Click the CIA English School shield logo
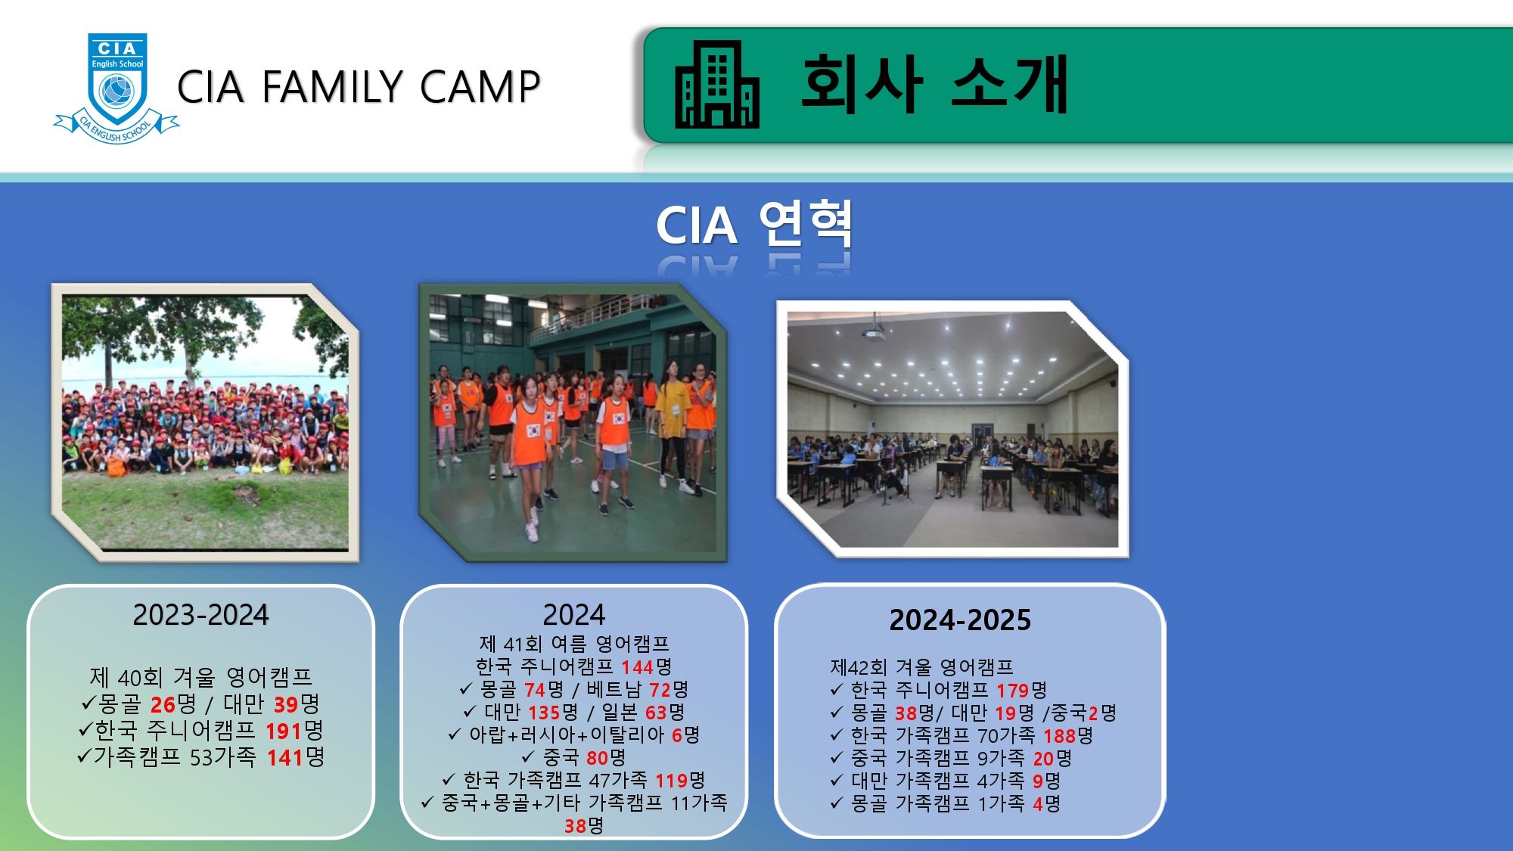click(x=117, y=89)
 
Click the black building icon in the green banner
click(x=716, y=84)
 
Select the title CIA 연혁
click(x=754, y=225)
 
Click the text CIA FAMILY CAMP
click(x=359, y=86)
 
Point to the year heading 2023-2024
click(x=200, y=614)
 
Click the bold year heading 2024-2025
click(x=960, y=620)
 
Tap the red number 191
click(x=284, y=731)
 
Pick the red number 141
click(x=285, y=757)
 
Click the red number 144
click(x=638, y=667)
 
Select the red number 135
click(x=544, y=713)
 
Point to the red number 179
click(x=1012, y=691)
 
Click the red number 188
click(x=1059, y=736)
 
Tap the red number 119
click(x=671, y=781)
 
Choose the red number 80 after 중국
click(x=597, y=758)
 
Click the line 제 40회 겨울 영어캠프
click(x=200, y=676)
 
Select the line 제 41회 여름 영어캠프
click(x=574, y=644)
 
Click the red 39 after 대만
click(x=285, y=704)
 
